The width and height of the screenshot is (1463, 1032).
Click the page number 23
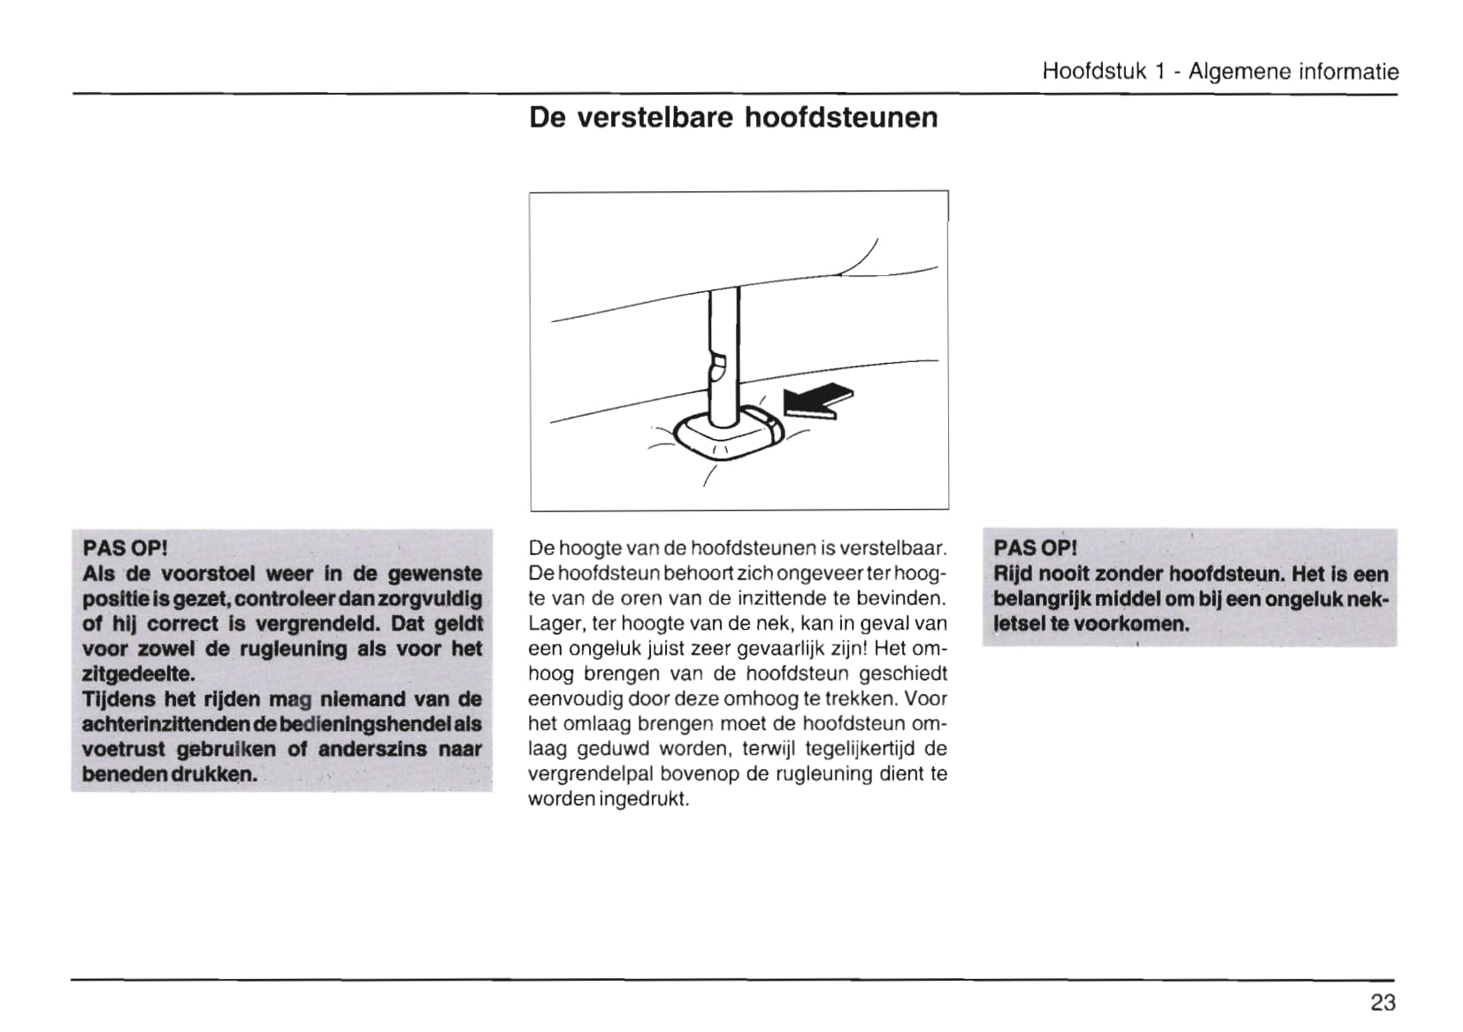[1383, 1002]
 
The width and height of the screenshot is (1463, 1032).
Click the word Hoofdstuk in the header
[1094, 71]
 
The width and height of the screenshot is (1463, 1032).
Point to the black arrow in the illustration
[818, 399]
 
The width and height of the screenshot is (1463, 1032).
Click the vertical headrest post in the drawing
[723, 354]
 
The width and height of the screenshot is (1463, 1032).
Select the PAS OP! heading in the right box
[1036, 548]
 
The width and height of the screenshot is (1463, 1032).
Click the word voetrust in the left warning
[123, 749]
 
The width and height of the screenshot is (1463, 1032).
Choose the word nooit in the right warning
[1061, 574]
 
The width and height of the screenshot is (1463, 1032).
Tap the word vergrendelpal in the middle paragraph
[590, 774]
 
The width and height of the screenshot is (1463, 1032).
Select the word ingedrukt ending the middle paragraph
[643, 799]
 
